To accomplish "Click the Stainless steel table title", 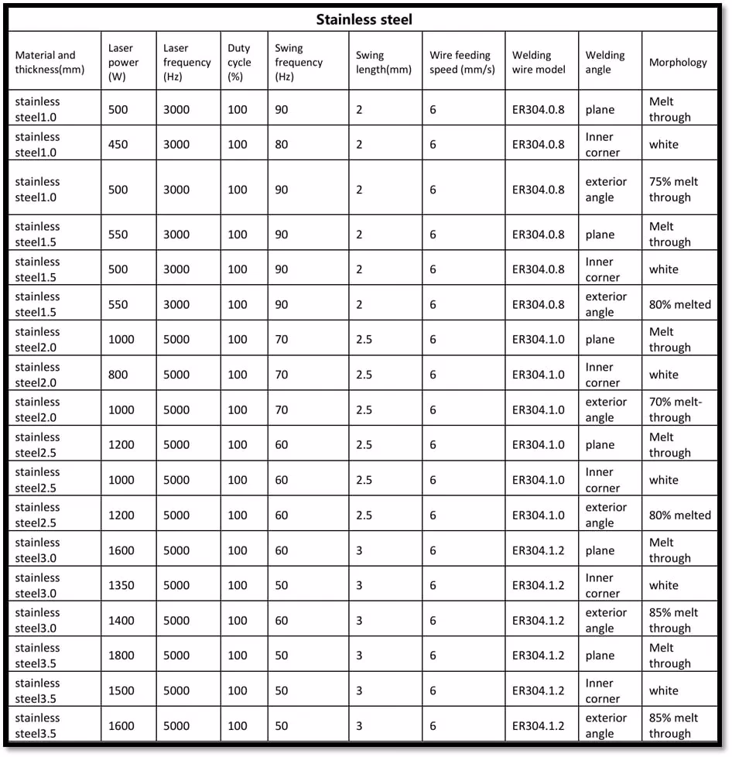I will coord(364,19).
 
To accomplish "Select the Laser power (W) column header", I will coord(123,62).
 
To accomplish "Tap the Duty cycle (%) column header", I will coord(239,62).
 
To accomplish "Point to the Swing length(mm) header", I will coord(383,62).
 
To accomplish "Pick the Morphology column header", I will coord(678,62).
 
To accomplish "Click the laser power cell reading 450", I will coord(118,144).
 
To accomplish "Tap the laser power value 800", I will coord(118,375).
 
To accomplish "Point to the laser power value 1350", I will coord(121,585).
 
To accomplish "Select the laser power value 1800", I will coord(121,656).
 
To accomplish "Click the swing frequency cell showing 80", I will coord(282,144).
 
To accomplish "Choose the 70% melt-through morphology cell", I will coord(675,409).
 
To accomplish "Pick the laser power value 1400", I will coord(121,620).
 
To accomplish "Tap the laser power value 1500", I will coord(121,690).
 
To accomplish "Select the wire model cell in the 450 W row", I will coord(539,144).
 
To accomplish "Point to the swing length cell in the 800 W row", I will coord(364,375).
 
